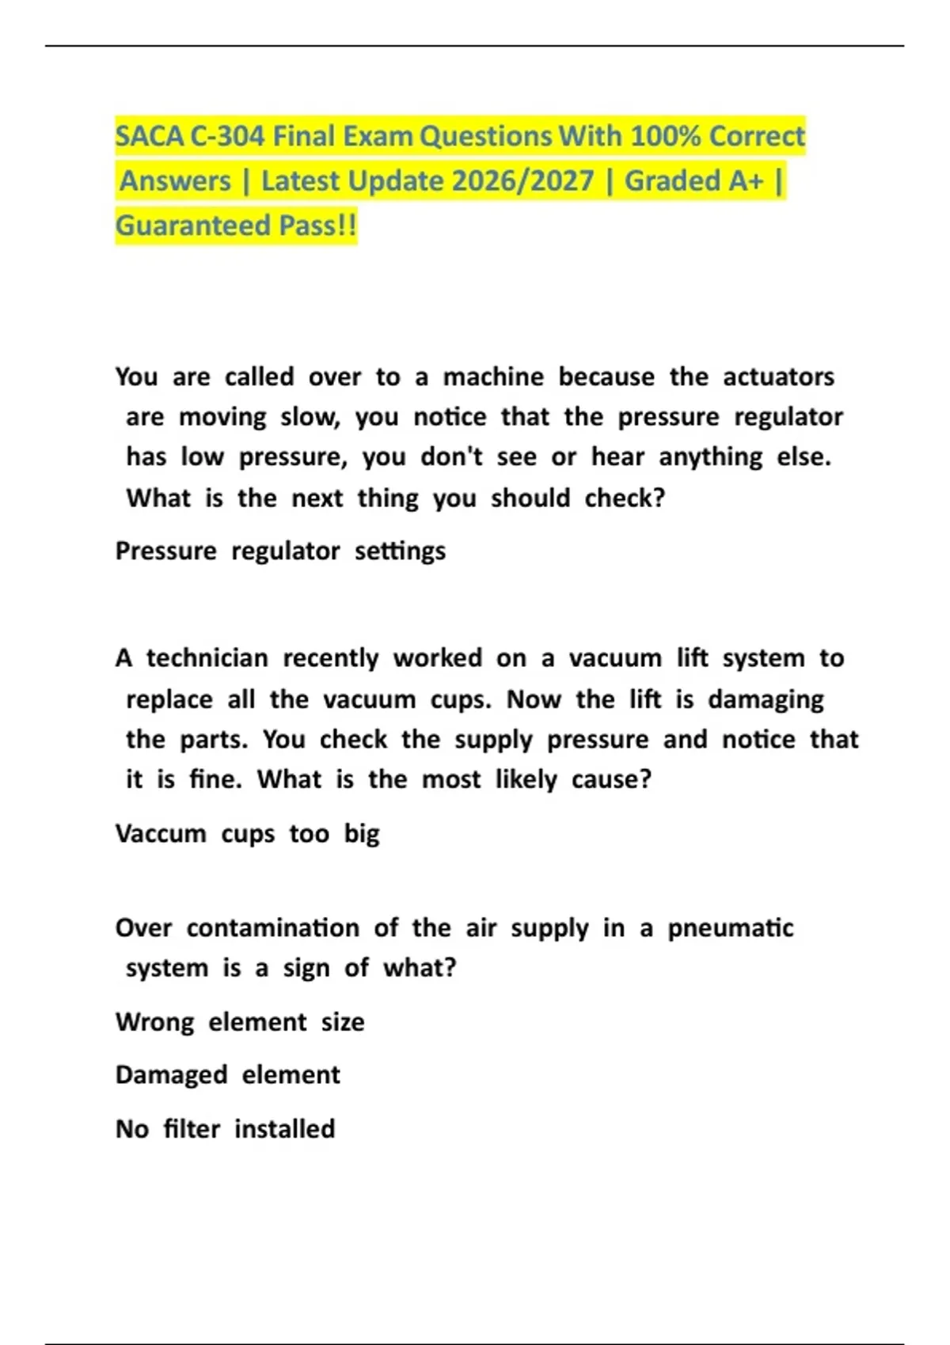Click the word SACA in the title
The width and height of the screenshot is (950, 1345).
coord(149,137)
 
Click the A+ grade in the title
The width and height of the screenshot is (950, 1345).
coord(745,181)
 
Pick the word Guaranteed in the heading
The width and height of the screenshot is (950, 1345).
coord(192,226)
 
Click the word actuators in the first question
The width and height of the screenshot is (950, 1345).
coord(778,377)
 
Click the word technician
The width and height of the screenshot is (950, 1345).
coord(207,658)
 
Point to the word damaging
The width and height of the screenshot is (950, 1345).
coord(766,699)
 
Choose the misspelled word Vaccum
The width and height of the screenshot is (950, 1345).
coord(161,834)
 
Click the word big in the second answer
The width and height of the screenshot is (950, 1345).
coord(362,835)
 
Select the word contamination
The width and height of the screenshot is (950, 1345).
coord(272,928)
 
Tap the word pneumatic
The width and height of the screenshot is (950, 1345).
coord(730,928)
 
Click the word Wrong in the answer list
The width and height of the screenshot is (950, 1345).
coord(154,1022)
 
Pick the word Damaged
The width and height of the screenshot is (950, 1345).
coord(171,1075)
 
